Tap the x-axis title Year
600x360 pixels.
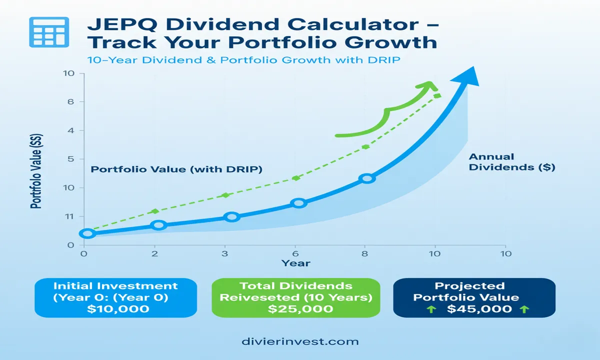[295, 263]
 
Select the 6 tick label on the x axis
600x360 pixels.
[296, 253]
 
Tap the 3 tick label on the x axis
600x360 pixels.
[224, 253]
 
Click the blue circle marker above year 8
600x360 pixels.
[367, 178]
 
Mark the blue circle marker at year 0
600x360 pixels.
[87, 233]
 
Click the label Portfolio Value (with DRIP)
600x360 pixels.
[176, 169]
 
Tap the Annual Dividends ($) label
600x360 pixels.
[511, 162]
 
